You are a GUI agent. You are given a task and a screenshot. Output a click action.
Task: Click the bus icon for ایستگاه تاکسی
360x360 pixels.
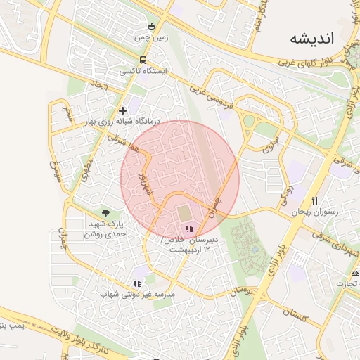click(143, 60)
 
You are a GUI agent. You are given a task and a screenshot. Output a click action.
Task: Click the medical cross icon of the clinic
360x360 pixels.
click(123, 110)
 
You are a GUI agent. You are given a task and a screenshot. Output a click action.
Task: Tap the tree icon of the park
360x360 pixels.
click(106, 212)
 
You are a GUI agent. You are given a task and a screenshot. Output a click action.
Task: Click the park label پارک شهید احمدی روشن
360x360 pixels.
click(107, 228)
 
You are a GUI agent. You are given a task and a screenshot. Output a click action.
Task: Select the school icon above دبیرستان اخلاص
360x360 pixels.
click(188, 229)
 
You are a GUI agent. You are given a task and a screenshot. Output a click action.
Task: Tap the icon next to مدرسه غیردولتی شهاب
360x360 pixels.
click(137, 283)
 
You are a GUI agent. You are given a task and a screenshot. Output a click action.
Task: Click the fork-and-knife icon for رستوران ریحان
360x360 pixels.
click(314, 201)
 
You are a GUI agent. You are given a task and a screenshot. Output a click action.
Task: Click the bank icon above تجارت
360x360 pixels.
click(353, 273)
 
